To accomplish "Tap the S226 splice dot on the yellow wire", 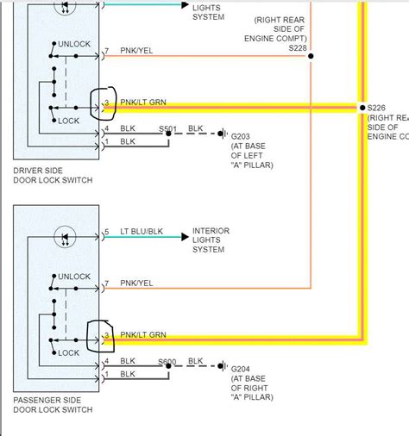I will pyautogui.click(x=361, y=108).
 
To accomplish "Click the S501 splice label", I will pyautogui.click(x=168, y=128).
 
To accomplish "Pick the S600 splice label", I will pyautogui.click(x=168, y=361).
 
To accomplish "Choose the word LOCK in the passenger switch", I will pyautogui.click(x=69, y=353).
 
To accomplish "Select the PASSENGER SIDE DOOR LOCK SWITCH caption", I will pyautogui.click(x=53, y=407).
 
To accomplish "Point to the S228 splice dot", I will pyautogui.click(x=311, y=57).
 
